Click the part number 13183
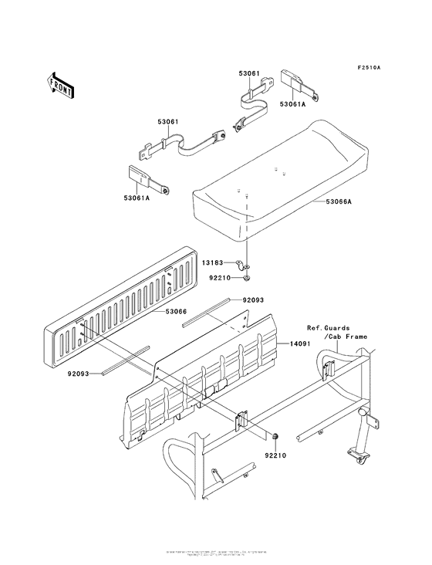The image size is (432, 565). click(x=214, y=262)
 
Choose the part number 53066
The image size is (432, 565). click(x=177, y=312)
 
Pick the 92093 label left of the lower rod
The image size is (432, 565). click(x=79, y=374)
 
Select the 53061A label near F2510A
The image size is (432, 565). click(x=294, y=102)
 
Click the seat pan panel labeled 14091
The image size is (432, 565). click(x=224, y=363)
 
